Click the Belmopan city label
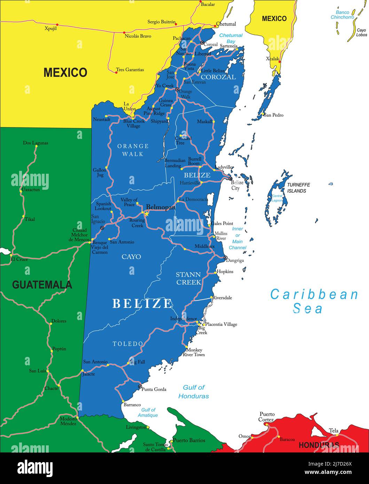click(x=160, y=207)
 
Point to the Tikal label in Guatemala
click(x=30, y=219)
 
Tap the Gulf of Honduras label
click(x=194, y=392)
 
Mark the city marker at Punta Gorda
click(x=140, y=387)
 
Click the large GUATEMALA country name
click(x=42, y=285)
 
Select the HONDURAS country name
click(x=319, y=445)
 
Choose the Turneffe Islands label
click(x=298, y=188)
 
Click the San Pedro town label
click(x=274, y=115)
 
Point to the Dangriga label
click(x=235, y=260)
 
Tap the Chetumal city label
click(x=226, y=24)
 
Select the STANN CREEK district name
click(x=188, y=278)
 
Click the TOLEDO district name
click(x=128, y=344)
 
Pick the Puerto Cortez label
click(x=267, y=417)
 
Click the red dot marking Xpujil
click(x=57, y=25)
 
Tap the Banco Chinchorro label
click(x=342, y=15)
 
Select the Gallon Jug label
click(x=99, y=172)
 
